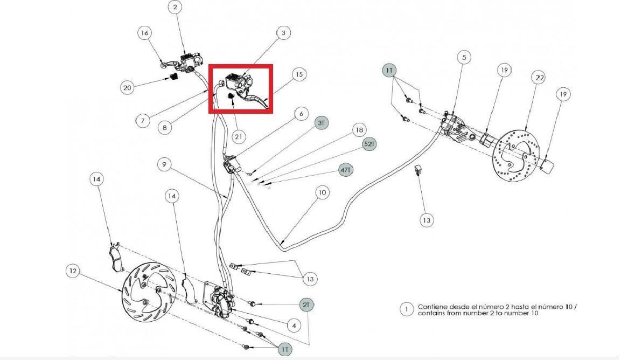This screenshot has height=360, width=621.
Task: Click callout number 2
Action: pyautogui.click(x=175, y=7)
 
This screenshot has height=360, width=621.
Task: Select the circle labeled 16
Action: pyautogui.click(x=145, y=33)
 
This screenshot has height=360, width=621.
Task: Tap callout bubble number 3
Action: pyautogui.click(x=283, y=33)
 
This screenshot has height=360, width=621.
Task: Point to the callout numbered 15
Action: pyautogui.click(x=299, y=74)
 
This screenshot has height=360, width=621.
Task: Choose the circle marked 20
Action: pyautogui.click(x=127, y=88)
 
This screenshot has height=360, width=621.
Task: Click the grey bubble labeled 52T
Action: pyautogui.click(x=369, y=144)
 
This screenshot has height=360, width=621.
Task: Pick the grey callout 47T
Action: pyautogui.click(x=346, y=170)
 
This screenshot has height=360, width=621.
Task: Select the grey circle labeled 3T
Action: pyautogui.click(x=321, y=123)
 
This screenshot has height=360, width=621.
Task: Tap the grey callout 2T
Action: pyautogui.click(x=306, y=305)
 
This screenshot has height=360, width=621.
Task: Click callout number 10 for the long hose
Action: pyautogui.click(x=323, y=193)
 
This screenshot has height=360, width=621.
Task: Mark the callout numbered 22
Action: pyautogui.click(x=540, y=78)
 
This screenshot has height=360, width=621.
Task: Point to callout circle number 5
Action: pyautogui.click(x=464, y=58)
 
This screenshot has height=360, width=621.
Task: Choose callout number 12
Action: pyautogui.click(x=73, y=271)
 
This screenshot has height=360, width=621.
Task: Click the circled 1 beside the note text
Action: pyautogui.click(x=407, y=309)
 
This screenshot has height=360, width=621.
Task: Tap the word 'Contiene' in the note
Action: pyautogui.click(x=432, y=307)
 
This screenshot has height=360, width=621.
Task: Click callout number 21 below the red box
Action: pyautogui.click(x=239, y=137)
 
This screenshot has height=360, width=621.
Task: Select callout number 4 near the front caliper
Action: pyautogui.click(x=294, y=326)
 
